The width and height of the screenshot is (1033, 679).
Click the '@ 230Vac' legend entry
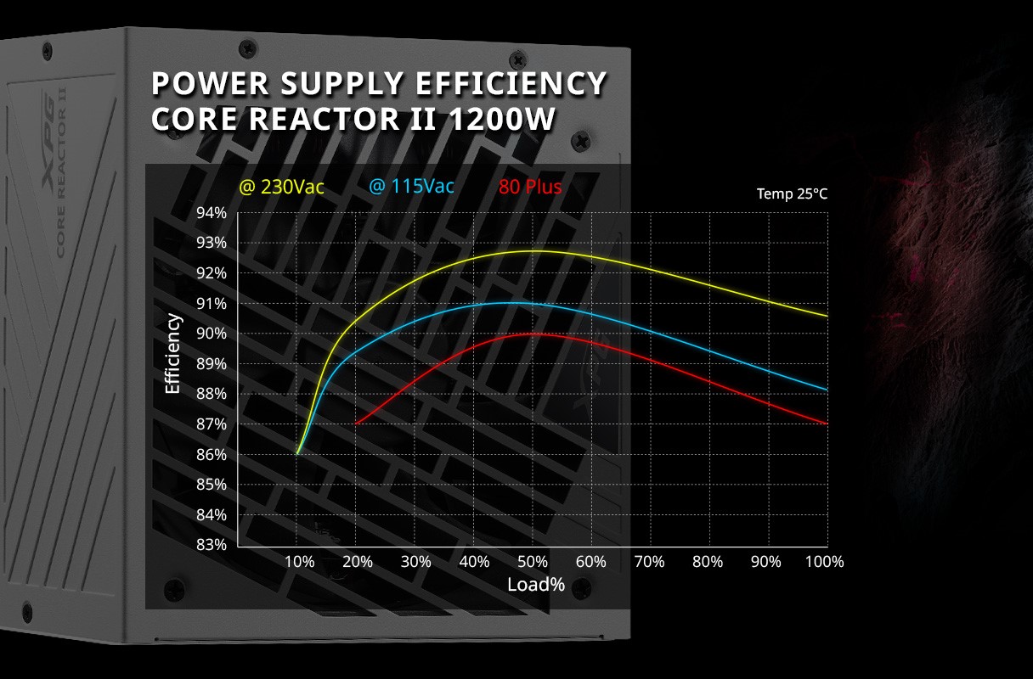[281, 187]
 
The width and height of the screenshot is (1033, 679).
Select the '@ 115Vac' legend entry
[412, 186]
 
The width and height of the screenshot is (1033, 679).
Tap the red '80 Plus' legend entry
[530, 186]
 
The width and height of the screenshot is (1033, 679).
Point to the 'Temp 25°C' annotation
[792, 194]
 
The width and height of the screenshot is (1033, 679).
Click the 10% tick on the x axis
[299, 562]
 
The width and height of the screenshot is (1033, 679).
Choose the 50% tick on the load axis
[532, 562]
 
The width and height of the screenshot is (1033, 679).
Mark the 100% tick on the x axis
[823, 562]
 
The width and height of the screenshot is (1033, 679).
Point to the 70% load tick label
[648, 562]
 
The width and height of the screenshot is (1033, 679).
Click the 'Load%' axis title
[536, 585]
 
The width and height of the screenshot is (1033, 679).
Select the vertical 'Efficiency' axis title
[173, 354]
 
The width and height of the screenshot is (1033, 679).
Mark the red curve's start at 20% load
[355, 423]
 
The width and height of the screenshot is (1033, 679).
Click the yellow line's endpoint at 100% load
[827, 316]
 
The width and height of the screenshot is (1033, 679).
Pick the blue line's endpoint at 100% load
[827, 390]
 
